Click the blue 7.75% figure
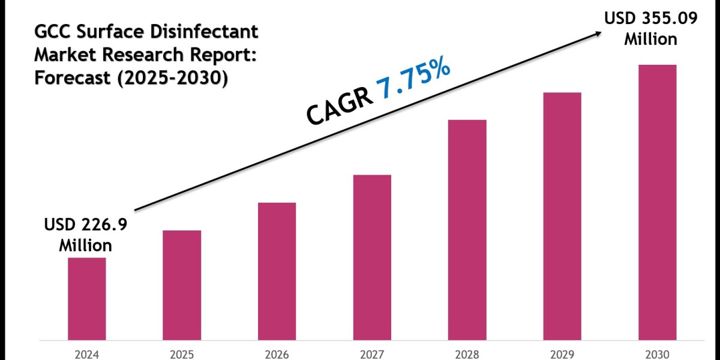point(414,81)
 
